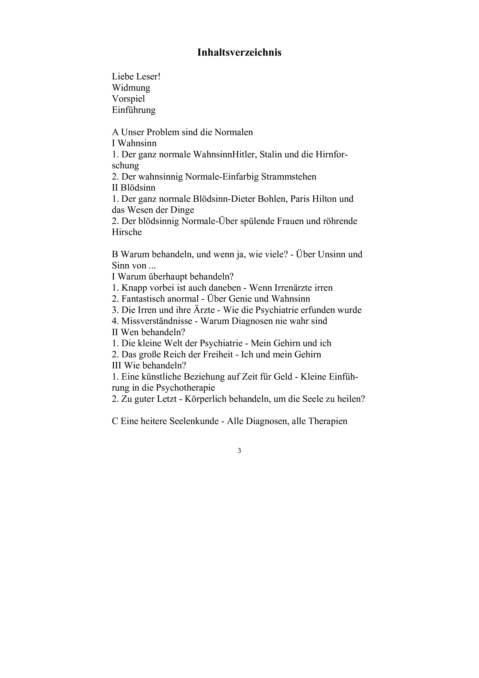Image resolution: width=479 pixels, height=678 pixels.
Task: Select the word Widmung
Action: click(131, 88)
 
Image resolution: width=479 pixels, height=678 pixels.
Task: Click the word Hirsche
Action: click(127, 232)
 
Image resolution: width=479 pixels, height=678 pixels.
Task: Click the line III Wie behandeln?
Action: click(149, 366)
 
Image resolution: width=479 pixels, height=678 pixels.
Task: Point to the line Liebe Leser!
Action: click(136, 77)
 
